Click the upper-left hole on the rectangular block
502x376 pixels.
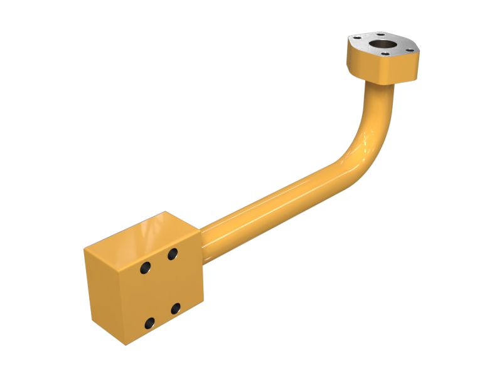point(145,268)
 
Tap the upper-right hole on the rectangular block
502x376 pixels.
point(172,254)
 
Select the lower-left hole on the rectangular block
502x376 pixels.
point(149,323)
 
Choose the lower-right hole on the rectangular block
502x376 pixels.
point(176,308)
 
